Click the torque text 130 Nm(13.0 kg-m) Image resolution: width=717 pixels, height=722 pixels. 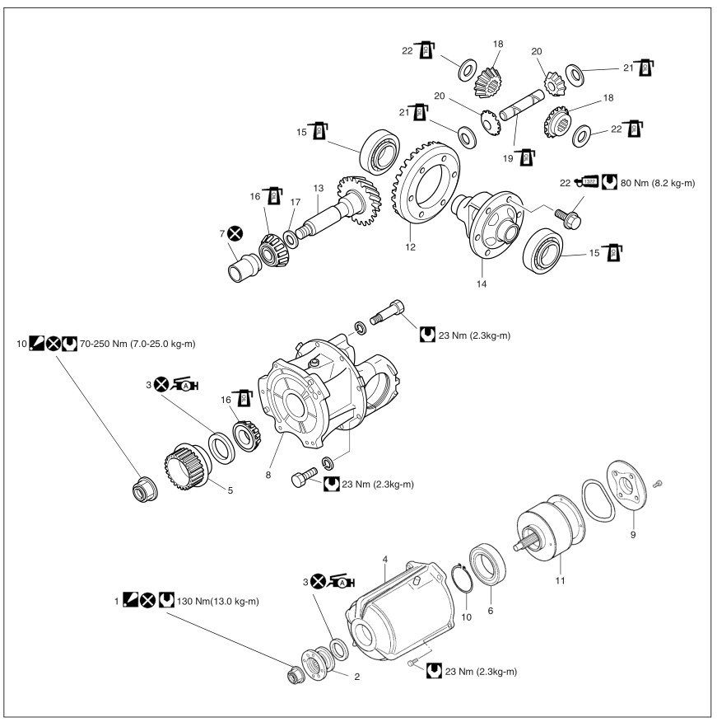click(x=218, y=600)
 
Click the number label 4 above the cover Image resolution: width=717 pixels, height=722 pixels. click(x=384, y=559)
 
